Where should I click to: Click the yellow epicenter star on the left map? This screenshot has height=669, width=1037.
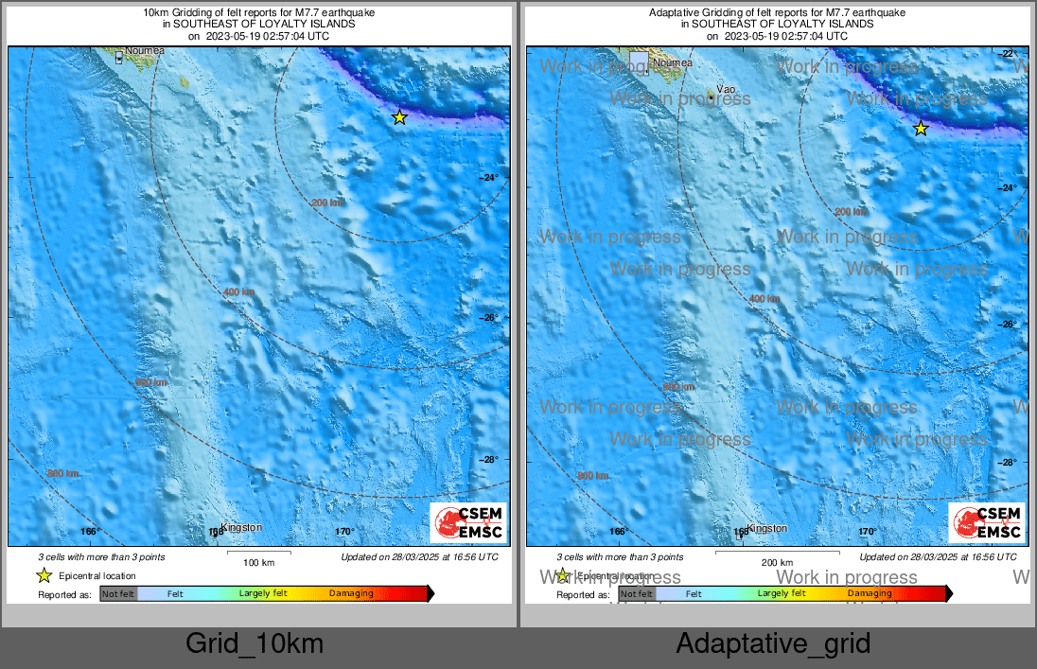(399, 117)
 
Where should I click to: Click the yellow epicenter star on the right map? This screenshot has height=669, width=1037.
(921, 129)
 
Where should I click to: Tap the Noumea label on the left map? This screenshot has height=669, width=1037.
(145, 50)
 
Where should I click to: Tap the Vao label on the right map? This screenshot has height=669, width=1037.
(727, 89)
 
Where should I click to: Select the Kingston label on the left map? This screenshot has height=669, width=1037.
(240, 527)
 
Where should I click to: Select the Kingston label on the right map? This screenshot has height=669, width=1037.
(766, 528)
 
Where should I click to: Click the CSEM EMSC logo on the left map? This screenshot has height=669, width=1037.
(468, 523)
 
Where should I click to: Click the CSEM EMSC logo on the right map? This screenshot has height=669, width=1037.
(987, 523)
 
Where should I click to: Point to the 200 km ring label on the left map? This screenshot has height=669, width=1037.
(327, 202)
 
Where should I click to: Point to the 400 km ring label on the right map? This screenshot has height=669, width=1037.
(765, 299)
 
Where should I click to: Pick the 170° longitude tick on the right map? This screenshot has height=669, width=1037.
(868, 532)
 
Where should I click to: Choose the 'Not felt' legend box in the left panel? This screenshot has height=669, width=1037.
(118, 594)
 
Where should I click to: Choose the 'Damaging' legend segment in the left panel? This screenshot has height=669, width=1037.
(351, 594)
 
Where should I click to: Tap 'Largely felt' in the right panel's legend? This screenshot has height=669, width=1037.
(782, 594)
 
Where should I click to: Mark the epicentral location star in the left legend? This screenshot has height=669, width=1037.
(44, 575)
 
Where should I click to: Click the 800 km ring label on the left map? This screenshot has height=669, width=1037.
(64, 473)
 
